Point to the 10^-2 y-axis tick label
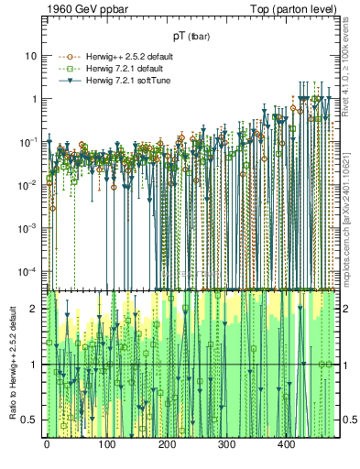tap(29, 184)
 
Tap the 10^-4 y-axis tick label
tap(29, 270)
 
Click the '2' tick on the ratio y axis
tap(36, 309)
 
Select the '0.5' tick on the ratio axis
tap(31, 420)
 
